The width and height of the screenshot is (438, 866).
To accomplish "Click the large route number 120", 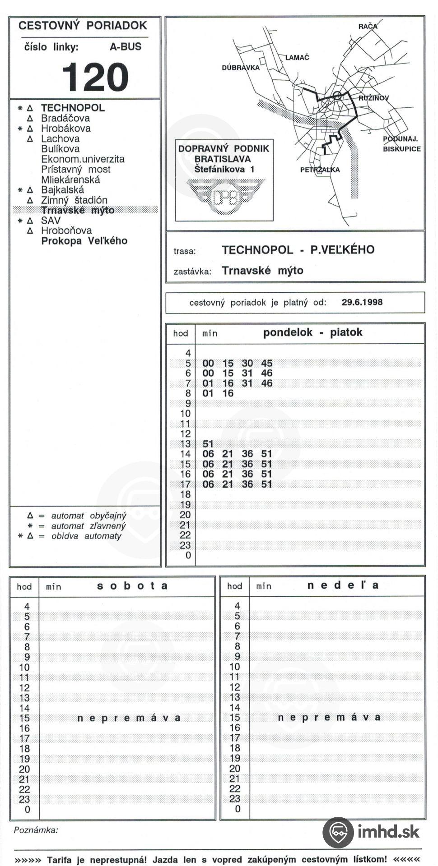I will (95, 77).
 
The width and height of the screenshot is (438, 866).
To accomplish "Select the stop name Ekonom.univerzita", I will (83, 159).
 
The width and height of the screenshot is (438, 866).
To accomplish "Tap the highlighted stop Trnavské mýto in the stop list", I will (78, 210).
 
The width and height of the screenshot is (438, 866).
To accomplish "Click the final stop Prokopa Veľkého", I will (84, 241).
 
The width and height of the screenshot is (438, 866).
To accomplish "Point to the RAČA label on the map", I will (368, 26).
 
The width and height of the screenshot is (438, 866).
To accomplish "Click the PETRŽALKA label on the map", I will (320, 170).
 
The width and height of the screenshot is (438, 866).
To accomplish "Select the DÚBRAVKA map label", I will (241, 68).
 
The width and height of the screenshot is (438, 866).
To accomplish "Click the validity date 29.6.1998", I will (362, 302).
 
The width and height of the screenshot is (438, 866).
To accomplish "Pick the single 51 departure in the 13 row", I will (208, 444).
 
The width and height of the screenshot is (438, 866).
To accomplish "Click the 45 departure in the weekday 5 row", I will (266, 364).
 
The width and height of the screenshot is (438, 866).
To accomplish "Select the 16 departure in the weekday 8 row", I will (228, 393).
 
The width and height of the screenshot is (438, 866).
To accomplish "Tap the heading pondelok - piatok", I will (312, 333).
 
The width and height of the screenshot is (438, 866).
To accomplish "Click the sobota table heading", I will (132, 586).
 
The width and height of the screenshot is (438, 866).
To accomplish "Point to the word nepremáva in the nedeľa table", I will (329, 718).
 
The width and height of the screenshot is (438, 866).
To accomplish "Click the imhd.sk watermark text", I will (388, 831).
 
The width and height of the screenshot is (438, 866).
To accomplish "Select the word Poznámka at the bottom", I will (36, 830).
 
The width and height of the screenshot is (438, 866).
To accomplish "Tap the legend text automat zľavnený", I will (88, 526).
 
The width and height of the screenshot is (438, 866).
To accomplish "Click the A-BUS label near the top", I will (126, 46).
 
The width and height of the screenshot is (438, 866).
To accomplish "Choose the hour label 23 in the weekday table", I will (185, 545).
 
